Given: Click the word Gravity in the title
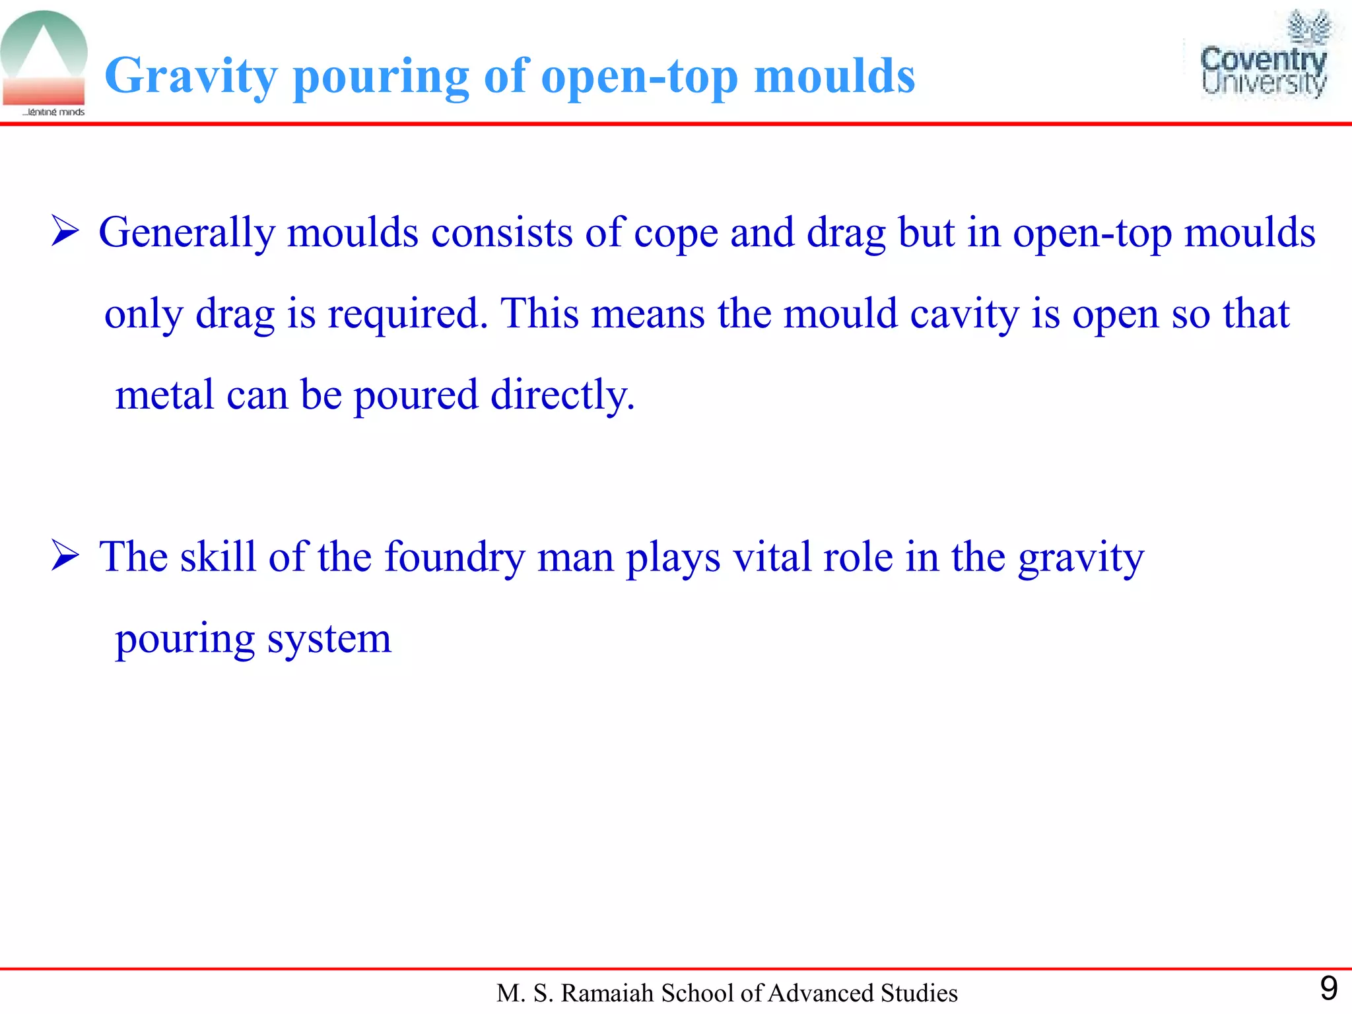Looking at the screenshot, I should (x=191, y=77).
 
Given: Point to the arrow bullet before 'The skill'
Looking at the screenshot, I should (x=65, y=556).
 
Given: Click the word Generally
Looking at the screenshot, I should (x=187, y=233).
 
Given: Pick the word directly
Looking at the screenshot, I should (x=562, y=395).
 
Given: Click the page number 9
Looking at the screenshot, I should (x=1328, y=988).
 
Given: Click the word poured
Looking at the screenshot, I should (x=416, y=395).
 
